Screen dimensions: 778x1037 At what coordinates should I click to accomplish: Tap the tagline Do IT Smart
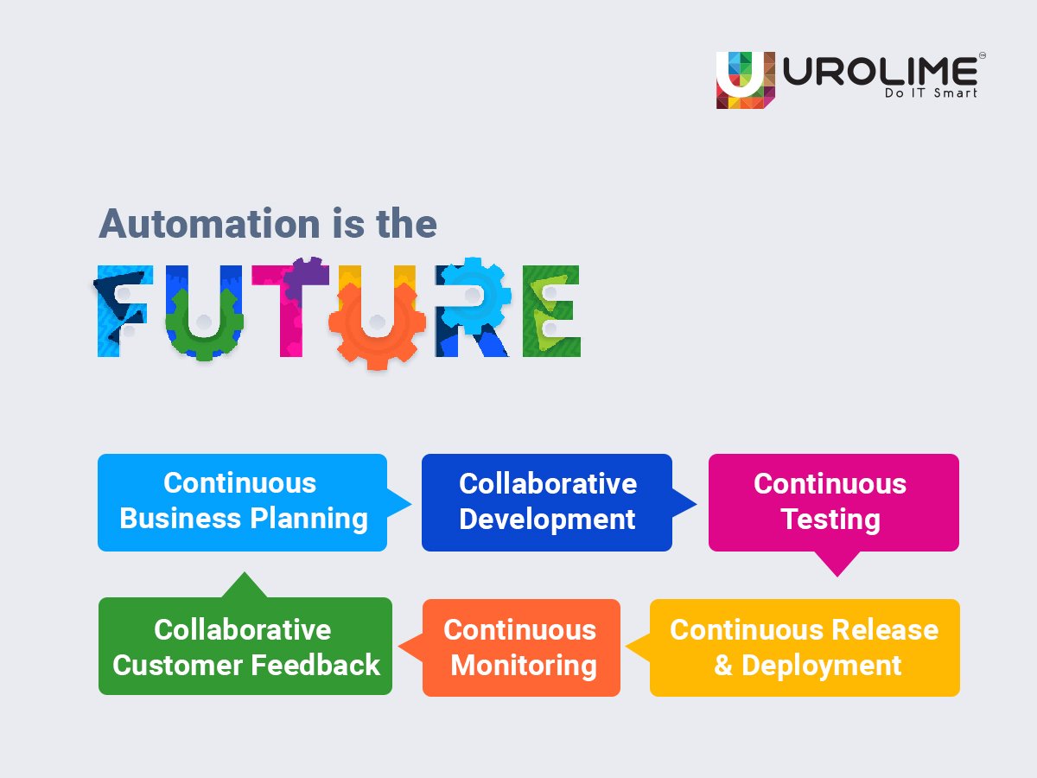(930, 92)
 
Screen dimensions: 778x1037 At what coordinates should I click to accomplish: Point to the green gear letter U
(203, 322)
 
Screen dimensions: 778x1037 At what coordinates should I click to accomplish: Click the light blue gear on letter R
(472, 294)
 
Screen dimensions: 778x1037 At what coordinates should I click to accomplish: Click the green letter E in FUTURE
(550, 311)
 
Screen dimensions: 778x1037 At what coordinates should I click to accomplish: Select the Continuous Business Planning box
(242, 501)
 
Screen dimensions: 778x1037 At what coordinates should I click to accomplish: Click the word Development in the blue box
(547, 520)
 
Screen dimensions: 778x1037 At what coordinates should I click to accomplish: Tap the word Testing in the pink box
(830, 520)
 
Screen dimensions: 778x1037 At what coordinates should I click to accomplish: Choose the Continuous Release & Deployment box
(804, 647)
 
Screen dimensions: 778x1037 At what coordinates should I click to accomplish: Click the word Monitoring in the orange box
(524, 666)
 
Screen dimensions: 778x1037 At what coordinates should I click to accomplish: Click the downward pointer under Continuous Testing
(837, 564)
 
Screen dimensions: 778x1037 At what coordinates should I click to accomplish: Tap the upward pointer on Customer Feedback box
(245, 585)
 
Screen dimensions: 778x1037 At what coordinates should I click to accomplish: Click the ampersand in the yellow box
(722, 666)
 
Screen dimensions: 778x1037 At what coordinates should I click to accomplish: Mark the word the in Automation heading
(406, 224)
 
